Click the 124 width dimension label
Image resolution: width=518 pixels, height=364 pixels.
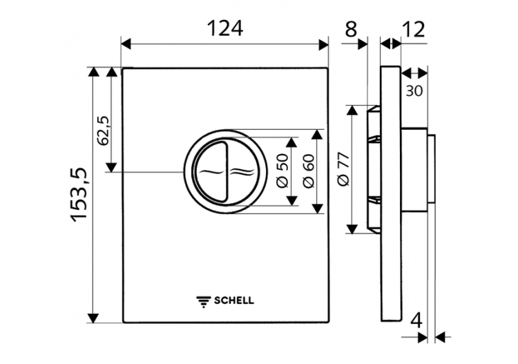click(224, 28)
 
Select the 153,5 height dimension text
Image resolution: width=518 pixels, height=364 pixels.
click(81, 195)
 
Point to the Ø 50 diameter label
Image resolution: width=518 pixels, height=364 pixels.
click(282, 171)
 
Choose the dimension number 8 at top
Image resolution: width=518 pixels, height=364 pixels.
click(352, 29)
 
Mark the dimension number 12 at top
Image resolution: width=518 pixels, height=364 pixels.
click(412, 29)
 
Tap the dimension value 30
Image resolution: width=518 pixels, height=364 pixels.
click(414, 90)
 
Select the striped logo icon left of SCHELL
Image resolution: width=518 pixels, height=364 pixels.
click(204, 300)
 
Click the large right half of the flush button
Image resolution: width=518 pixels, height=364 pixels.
click(242, 171)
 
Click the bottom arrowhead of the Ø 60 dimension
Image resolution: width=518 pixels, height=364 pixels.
click(317, 208)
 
